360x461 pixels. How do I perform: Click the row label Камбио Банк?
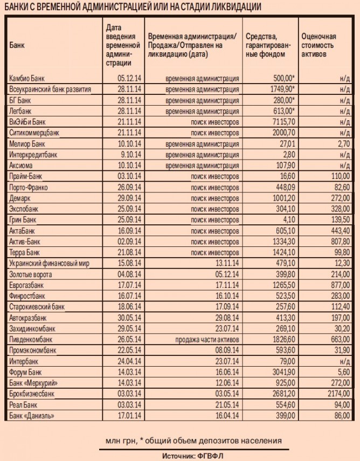(x=26, y=78)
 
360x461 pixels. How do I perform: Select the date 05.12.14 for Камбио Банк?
(x=130, y=78)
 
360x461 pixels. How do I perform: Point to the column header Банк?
(x=17, y=45)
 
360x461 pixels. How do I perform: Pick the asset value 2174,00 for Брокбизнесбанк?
(x=338, y=394)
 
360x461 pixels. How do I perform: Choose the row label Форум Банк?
(x=25, y=372)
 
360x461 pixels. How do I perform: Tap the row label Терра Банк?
(x=24, y=252)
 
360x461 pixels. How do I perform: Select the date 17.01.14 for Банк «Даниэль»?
(x=130, y=415)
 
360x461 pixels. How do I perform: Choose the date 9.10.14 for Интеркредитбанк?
(x=131, y=155)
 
